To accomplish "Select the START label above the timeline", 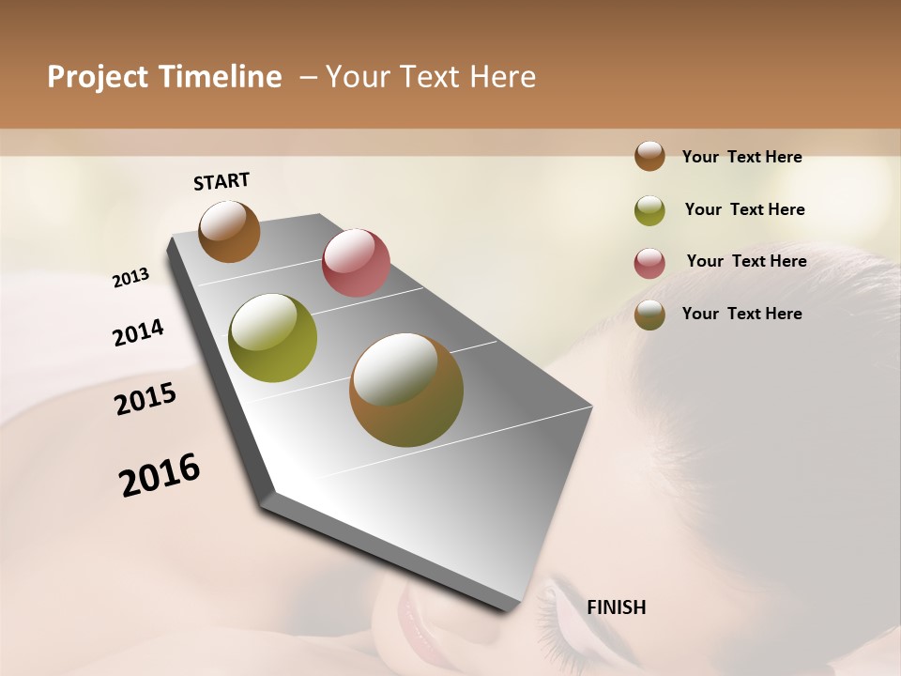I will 221,181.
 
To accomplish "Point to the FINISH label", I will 616,607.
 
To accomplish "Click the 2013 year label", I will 130,278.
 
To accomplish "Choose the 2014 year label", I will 138,333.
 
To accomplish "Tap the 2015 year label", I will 145,399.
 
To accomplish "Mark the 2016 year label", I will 160,474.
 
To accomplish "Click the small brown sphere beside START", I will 229,231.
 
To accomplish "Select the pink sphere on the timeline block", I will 356,262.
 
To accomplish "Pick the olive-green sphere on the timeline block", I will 273,338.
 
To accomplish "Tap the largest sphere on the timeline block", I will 406,390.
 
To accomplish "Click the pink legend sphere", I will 649,263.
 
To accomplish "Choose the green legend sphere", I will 649,210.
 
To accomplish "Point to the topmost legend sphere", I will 649,156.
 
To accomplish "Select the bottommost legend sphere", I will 649,315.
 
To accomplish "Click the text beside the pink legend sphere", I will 746,261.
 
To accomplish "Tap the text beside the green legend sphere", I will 744,209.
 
